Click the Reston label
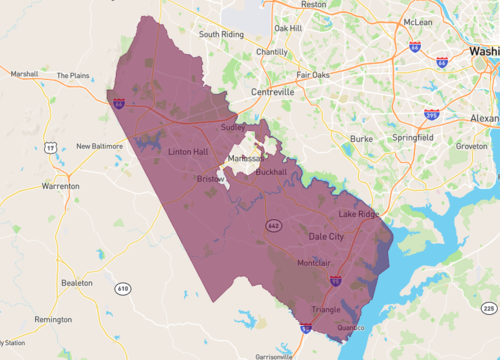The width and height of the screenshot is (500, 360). (314, 5)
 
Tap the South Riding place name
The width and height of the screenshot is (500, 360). (222, 34)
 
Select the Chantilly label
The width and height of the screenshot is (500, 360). (271, 52)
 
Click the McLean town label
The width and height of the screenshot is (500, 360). (418, 20)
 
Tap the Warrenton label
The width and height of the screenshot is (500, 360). (60, 186)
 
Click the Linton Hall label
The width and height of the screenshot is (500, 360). (190, 152)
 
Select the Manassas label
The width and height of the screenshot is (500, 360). (246, 159)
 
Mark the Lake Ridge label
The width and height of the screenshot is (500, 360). (358, 215)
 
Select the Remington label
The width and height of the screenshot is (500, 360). (52, 319)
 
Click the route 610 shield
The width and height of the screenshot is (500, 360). (123, 289)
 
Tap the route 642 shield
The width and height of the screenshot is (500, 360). (273, 225)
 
